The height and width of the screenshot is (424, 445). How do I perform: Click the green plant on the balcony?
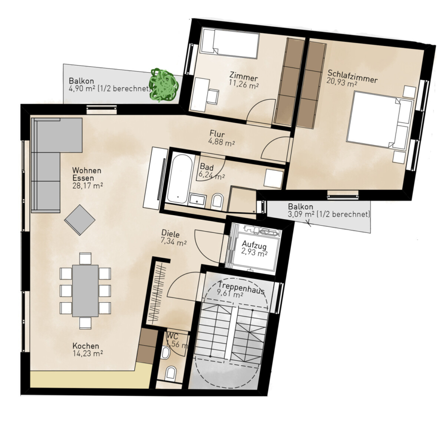click(164, 85)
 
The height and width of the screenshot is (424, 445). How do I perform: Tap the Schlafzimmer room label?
click(353, 76)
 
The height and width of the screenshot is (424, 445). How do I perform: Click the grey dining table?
click(86, 291)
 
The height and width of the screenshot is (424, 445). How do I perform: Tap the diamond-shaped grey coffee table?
click(80, 220)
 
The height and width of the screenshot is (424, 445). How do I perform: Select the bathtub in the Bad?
click(179, 178)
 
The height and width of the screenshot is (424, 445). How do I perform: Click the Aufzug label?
click(254, 245)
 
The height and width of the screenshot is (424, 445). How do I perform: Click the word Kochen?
click(86, 346)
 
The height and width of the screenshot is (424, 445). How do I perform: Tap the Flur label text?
click(217, 133)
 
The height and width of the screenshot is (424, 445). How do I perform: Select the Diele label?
click(170, 233)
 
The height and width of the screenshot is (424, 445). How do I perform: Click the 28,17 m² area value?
click(88, 186)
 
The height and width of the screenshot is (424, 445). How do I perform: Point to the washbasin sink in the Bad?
click(197, 199)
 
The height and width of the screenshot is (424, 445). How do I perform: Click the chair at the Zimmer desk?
click(213, 96)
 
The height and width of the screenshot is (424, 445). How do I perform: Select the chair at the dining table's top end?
click(86, 258)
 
